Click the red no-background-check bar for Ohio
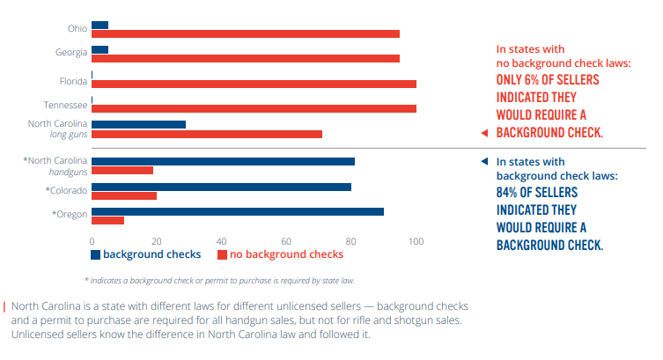pos(246,34)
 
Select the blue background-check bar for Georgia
pos(100,49)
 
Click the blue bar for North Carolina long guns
pos(138,124)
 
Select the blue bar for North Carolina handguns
pos(223,161)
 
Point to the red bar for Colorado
pos(124,195)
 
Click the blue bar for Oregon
pos(238,211)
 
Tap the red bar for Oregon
pos(107,220)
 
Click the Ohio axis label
pos(77,28)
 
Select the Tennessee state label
pos(67,105)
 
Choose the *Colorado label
pos(66,190)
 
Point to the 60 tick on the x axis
pos(286,240)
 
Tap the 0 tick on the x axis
pos(92,240)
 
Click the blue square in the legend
pos(96,254)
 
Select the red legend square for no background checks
pos(223,254)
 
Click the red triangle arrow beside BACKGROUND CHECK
pos(483,134)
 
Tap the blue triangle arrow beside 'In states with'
pos(483,162)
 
